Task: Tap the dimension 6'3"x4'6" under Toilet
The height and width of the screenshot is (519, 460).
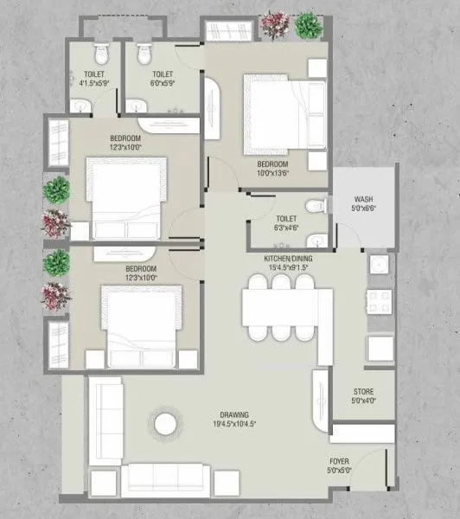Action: [x=286, y=229]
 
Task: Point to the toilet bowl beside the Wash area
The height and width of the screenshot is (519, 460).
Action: [x=316, y=207]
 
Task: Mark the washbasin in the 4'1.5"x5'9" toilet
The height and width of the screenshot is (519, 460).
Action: [x=81, y=106]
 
